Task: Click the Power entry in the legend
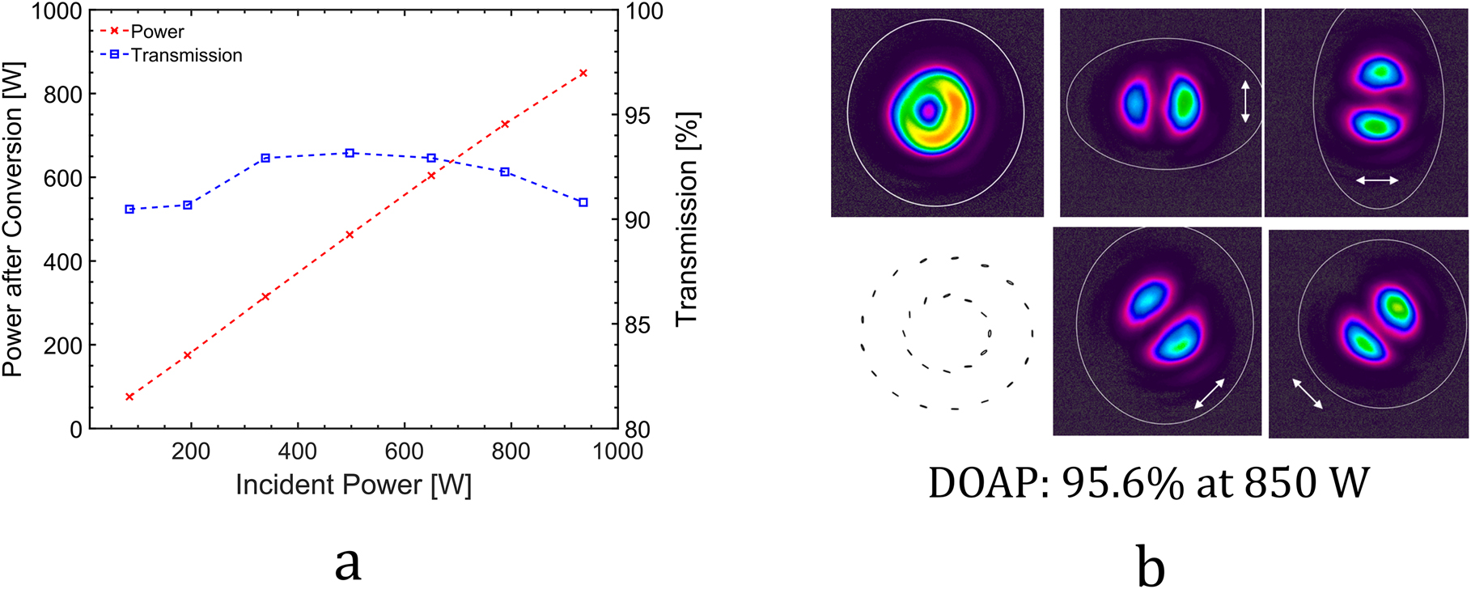(x=157, y=32)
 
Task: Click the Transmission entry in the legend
(x=185, y=55)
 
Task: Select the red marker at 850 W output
(x=583, y=73)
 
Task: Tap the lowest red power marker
(x=129, y=396)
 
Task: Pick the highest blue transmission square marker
(x=350, y=153)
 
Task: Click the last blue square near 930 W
(x=583, y=202)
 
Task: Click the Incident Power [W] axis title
(x=354, y=485)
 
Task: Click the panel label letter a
(x=348, y=562)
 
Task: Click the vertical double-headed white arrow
(x=1245, y=102)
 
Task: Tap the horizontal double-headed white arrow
(x=1377, y=180)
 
